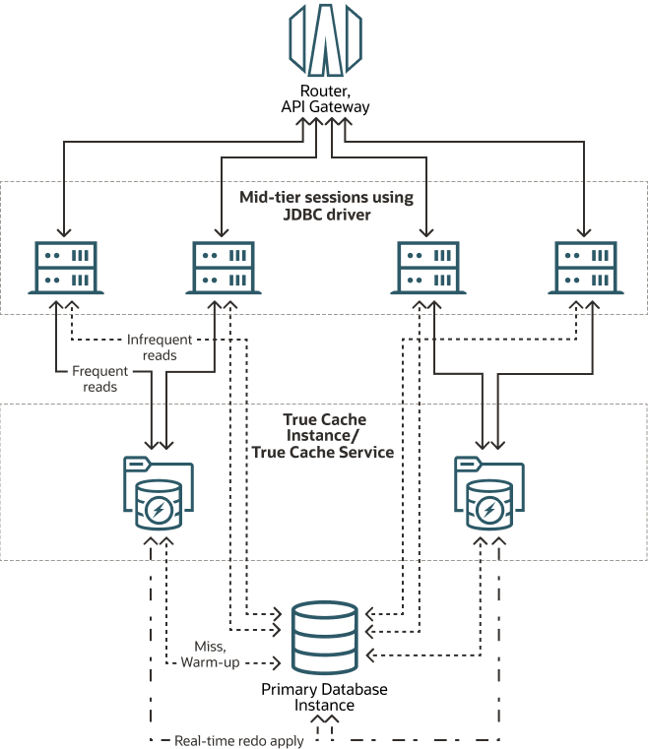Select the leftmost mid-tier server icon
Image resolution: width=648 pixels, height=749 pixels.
63,268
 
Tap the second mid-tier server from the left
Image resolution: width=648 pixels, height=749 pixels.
224,268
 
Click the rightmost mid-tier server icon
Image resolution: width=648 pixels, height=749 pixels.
585,268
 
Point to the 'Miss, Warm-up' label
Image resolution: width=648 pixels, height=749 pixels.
209,654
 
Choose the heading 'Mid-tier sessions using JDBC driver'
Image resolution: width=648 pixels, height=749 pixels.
326,206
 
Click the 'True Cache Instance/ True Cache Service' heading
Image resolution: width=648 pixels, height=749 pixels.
324,436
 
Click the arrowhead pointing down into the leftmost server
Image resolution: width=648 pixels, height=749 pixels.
63,232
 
